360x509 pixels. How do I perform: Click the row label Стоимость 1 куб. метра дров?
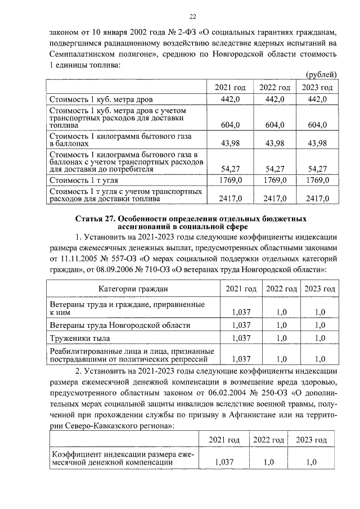pyautogui.click(x=93, y=99)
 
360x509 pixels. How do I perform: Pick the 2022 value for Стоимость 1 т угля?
pyautogui.click(x=274, y=181)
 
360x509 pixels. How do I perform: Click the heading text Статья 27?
pyautogui.click(x=97, y=217)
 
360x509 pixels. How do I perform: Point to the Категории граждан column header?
pyautogui.click(x=133, y=289)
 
